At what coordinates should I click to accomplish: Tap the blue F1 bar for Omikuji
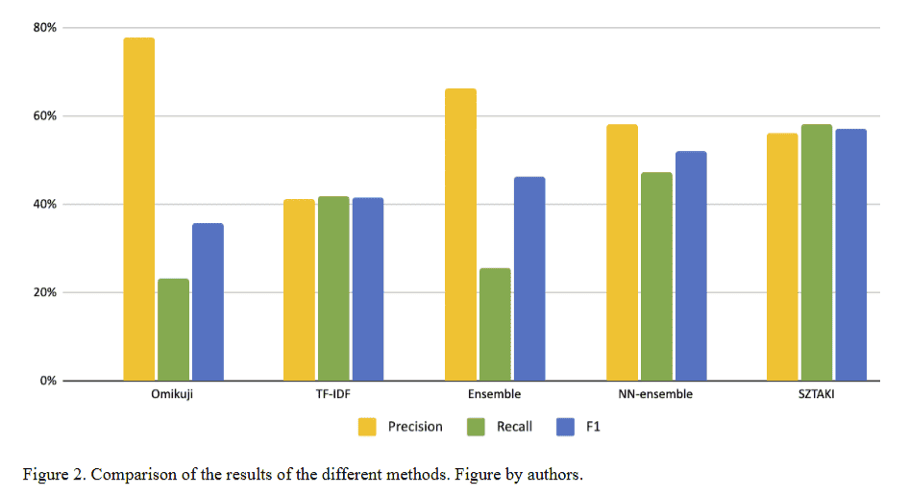coord(208,302)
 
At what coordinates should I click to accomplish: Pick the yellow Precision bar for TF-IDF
coord(299,289)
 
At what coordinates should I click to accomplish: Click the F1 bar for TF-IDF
coord(368,288)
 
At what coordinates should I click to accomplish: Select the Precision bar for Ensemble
coord(460,235)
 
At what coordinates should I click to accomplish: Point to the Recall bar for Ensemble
coord(495,324)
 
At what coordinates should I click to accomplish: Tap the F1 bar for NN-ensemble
coord(691,265)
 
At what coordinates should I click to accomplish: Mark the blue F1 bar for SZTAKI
coord(850,255)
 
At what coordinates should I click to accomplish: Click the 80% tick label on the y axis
coord(45,28)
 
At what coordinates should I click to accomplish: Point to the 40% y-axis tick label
coord(45,205)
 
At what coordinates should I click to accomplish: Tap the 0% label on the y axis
coord(48,382)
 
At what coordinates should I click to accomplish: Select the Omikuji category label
coord(173,394)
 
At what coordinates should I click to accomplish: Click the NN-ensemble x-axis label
coord(656,394)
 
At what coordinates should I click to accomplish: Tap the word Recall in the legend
coord(514,426)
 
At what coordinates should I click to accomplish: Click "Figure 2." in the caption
coord(52,475)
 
